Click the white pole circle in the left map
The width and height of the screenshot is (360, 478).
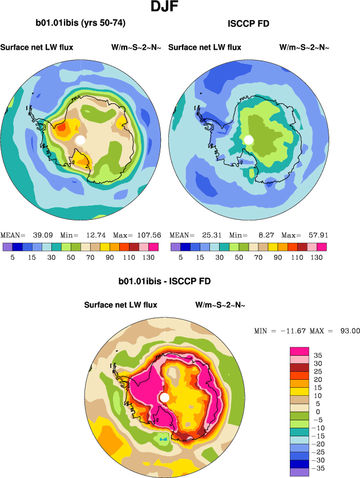click(x=80, y=140)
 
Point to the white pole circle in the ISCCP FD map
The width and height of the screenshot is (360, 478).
click(x=248, y=140)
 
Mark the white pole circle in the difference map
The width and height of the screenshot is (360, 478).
click(x=164, y=397)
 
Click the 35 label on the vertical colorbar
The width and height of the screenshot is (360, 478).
click(x=318, y=355)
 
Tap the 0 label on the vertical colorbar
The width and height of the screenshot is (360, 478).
click(x=318, y=411)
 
